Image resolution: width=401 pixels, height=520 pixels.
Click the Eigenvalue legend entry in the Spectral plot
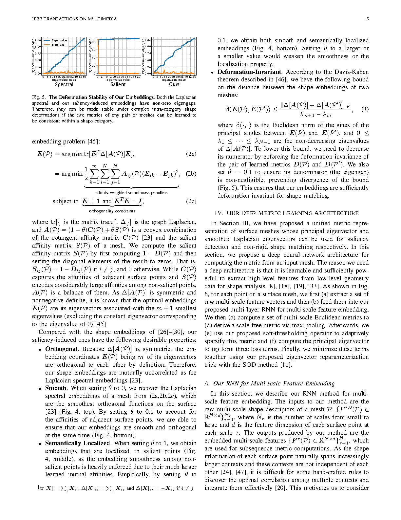click(59, 41)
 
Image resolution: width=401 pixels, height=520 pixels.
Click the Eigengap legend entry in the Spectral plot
click(58, 45)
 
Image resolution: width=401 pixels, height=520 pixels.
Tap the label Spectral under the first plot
click(64, 84)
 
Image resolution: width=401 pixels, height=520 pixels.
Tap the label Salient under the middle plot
click(118, 84)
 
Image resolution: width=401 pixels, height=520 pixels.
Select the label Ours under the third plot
click(174, 84)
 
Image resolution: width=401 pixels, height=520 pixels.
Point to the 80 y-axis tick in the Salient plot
click(93, 42)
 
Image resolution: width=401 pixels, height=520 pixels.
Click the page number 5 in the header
click(367, 19)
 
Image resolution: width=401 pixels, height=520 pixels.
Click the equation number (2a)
click(191, 154)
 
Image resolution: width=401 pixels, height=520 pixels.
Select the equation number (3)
click(365, 110)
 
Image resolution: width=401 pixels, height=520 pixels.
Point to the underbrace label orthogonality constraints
click(112, 211)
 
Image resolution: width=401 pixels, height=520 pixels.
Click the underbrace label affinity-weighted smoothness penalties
click(131, 193)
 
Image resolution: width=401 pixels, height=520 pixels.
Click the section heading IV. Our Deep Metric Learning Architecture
click(286, 213)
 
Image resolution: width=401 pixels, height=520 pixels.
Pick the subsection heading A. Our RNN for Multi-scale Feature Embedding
click(269, 383)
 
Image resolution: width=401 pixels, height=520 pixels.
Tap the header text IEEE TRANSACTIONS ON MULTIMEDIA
click(74, 19)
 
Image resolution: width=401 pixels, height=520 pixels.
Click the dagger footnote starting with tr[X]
click(115, 488)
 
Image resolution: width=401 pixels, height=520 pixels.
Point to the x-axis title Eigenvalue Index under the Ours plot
click(174, 80)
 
